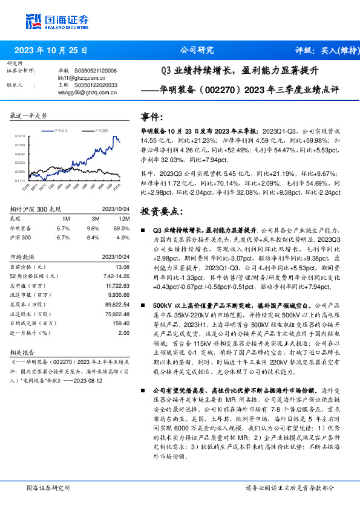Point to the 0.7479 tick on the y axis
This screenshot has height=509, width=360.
[21, 136]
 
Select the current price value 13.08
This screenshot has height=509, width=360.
[122, 267]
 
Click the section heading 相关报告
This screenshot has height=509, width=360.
[24, 351]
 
